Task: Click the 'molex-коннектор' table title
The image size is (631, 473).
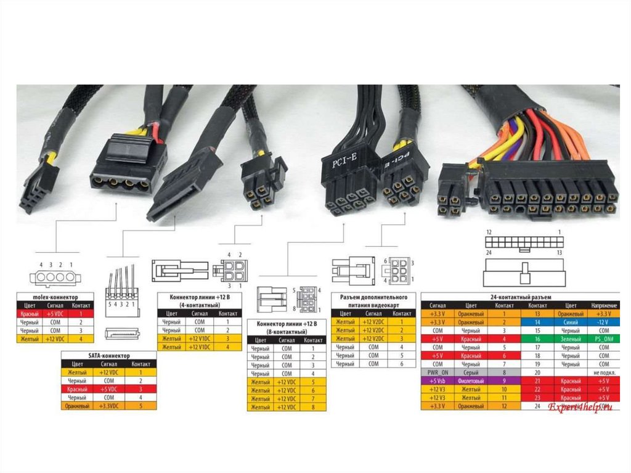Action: coord(55,297)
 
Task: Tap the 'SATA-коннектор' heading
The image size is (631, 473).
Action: coord(108,356)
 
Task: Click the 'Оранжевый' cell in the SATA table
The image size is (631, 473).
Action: coord(76,406)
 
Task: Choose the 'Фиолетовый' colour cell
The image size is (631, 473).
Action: coord(471,381)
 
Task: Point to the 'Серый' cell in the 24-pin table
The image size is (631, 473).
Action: coord(471,372)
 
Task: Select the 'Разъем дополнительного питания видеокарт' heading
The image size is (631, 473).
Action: coord(373,300)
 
